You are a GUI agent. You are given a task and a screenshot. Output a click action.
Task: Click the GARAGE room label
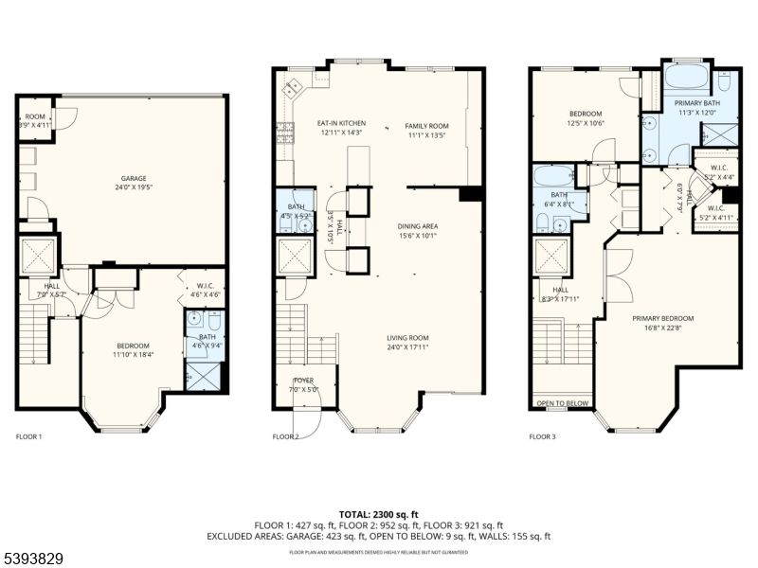pyautogui.click(x=133, y=178)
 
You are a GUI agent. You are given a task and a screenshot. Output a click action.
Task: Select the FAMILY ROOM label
pyautogui.click(x=426, y=125)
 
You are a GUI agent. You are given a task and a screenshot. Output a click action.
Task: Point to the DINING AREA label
pyautogui.click(x=417, y=225)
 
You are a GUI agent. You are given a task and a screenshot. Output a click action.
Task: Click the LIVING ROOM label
pyautogui.click(x=407, y=338)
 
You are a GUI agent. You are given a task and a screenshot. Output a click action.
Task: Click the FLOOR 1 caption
pyautogui.click(x=29, y=436)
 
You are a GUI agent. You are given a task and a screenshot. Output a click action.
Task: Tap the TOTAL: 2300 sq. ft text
pyautogui.click(x=378, y=513)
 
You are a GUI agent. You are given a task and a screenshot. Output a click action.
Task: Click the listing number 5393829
pyautogui.click(x=33, y=559)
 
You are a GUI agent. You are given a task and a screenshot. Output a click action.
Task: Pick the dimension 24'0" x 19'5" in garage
pyautogui.click(x=133, y=187)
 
